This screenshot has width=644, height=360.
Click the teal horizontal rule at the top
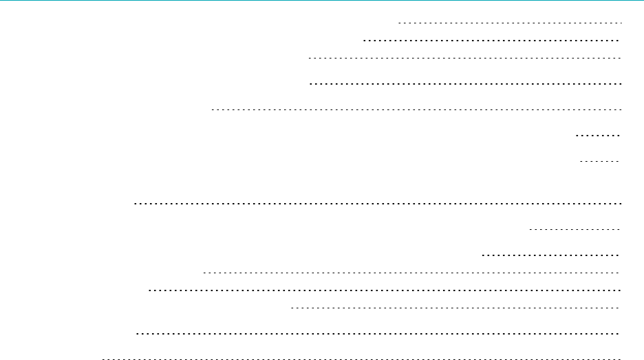click(x=322, y=1)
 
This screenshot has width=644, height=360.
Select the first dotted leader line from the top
click(x=510, y=23)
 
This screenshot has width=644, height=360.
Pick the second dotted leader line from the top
click(x=492, y=41)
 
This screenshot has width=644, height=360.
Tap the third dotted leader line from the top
click(x=465, y=59)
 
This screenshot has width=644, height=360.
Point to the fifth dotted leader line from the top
click(x=416, y=109)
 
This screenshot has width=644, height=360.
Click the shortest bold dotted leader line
click(x=598, y=136)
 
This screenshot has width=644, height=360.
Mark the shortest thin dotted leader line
click(x=601, y=161)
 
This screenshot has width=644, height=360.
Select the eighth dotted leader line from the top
click(x=377, y=204)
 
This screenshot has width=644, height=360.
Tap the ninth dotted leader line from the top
click(x=575, y=229)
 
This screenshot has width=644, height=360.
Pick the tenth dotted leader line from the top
click(x=551, y=254)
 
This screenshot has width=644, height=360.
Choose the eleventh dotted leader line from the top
click(x=411, y=273)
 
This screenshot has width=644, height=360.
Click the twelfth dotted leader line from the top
click(x=385, y=290)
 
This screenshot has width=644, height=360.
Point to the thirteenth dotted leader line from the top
click(x=456, y=308)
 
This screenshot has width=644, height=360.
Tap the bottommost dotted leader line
click(x=361, y=359)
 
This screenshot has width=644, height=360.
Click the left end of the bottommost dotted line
click(x=103, y=359)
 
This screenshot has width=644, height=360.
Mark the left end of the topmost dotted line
click(x=400, y=23)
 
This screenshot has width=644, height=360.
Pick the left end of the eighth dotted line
click(x=134, y=204)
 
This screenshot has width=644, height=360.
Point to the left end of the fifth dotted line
click(x=213, y=109)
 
